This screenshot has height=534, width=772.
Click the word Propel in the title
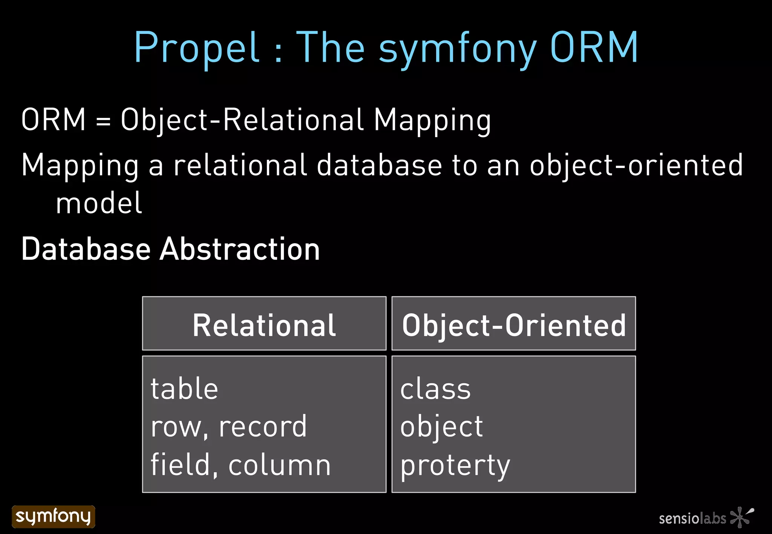coord(197,48)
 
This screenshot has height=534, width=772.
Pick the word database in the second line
coord(379,166)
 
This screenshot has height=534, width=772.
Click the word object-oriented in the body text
coord(636,166)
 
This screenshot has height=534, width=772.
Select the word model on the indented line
coord(99,203)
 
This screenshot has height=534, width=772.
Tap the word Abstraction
coord(240,249)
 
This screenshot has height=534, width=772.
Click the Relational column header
coord(264,325)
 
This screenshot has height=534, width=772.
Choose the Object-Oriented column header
coord(514,325)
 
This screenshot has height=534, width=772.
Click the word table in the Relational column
coord(184,389)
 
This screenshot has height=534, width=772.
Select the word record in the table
coord(263,427)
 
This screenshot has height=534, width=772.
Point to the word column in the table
coord(279,465)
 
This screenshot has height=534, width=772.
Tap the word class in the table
coord(435,389)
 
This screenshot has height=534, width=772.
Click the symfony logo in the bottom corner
coord(54,517)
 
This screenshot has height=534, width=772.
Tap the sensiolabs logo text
coord(692,519)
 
